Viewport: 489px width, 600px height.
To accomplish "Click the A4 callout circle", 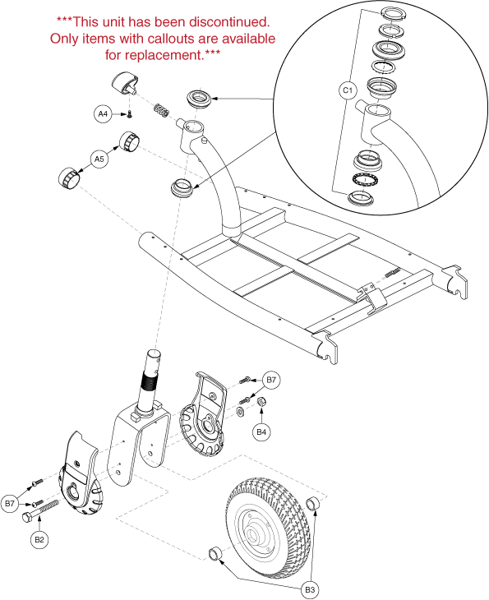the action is (103, 113).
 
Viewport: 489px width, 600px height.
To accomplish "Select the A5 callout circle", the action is (99, 159).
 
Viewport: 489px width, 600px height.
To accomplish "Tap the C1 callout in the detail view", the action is (348, 90).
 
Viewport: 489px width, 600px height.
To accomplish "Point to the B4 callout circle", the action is (261, 432).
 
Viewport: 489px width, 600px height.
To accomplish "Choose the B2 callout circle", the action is (39, 539).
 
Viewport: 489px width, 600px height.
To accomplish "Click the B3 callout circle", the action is (310, 589).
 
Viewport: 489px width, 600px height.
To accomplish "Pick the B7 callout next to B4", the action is (271, 380).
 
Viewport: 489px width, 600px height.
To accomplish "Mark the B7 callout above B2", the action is (10, 503).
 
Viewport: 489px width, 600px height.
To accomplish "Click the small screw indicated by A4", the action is (129, 113).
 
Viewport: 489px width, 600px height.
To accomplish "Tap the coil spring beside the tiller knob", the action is (161, 111).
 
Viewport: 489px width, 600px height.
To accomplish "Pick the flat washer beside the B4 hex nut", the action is (241, 413).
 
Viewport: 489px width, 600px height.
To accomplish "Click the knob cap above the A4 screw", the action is (125, 83).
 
